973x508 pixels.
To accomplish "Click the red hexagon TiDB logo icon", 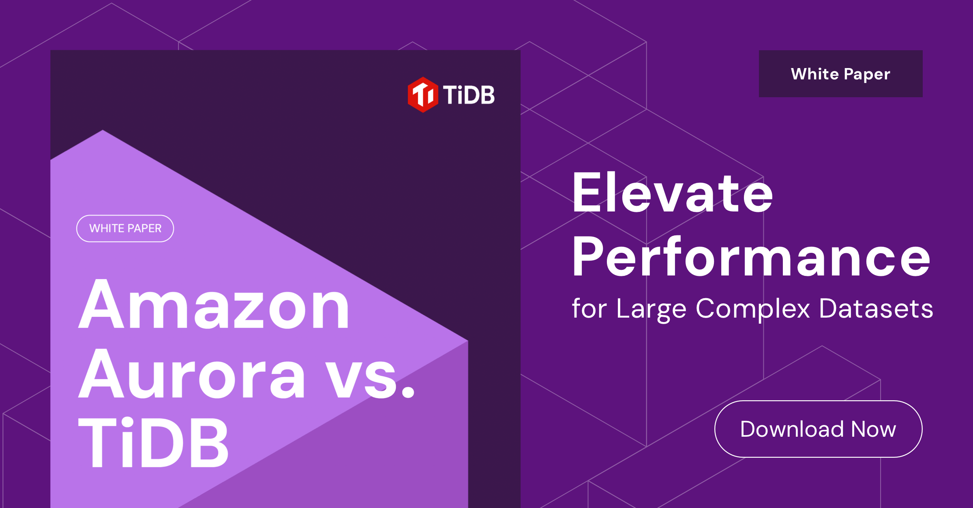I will [x=423, y=95].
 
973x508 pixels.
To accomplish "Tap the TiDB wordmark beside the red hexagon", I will [x=469, y=95].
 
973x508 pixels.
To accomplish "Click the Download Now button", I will [x=818, y=429].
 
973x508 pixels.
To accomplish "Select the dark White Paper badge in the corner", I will [x=840, y=74].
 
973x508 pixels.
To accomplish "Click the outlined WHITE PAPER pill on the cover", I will [x=125, y=228].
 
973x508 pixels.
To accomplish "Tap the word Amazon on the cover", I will [x=214, y=305].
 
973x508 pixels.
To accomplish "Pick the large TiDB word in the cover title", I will [x=153, y=443].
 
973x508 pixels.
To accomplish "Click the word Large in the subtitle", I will [x=651, y=309].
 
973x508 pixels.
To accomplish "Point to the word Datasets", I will [x=876, y=309].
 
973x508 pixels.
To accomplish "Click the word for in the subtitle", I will [x=589, y=309].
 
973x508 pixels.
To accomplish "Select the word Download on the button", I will [x=792, y=429].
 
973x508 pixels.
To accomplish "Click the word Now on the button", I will [x=873, y=429].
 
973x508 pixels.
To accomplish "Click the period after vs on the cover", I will [x=409, y=391].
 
